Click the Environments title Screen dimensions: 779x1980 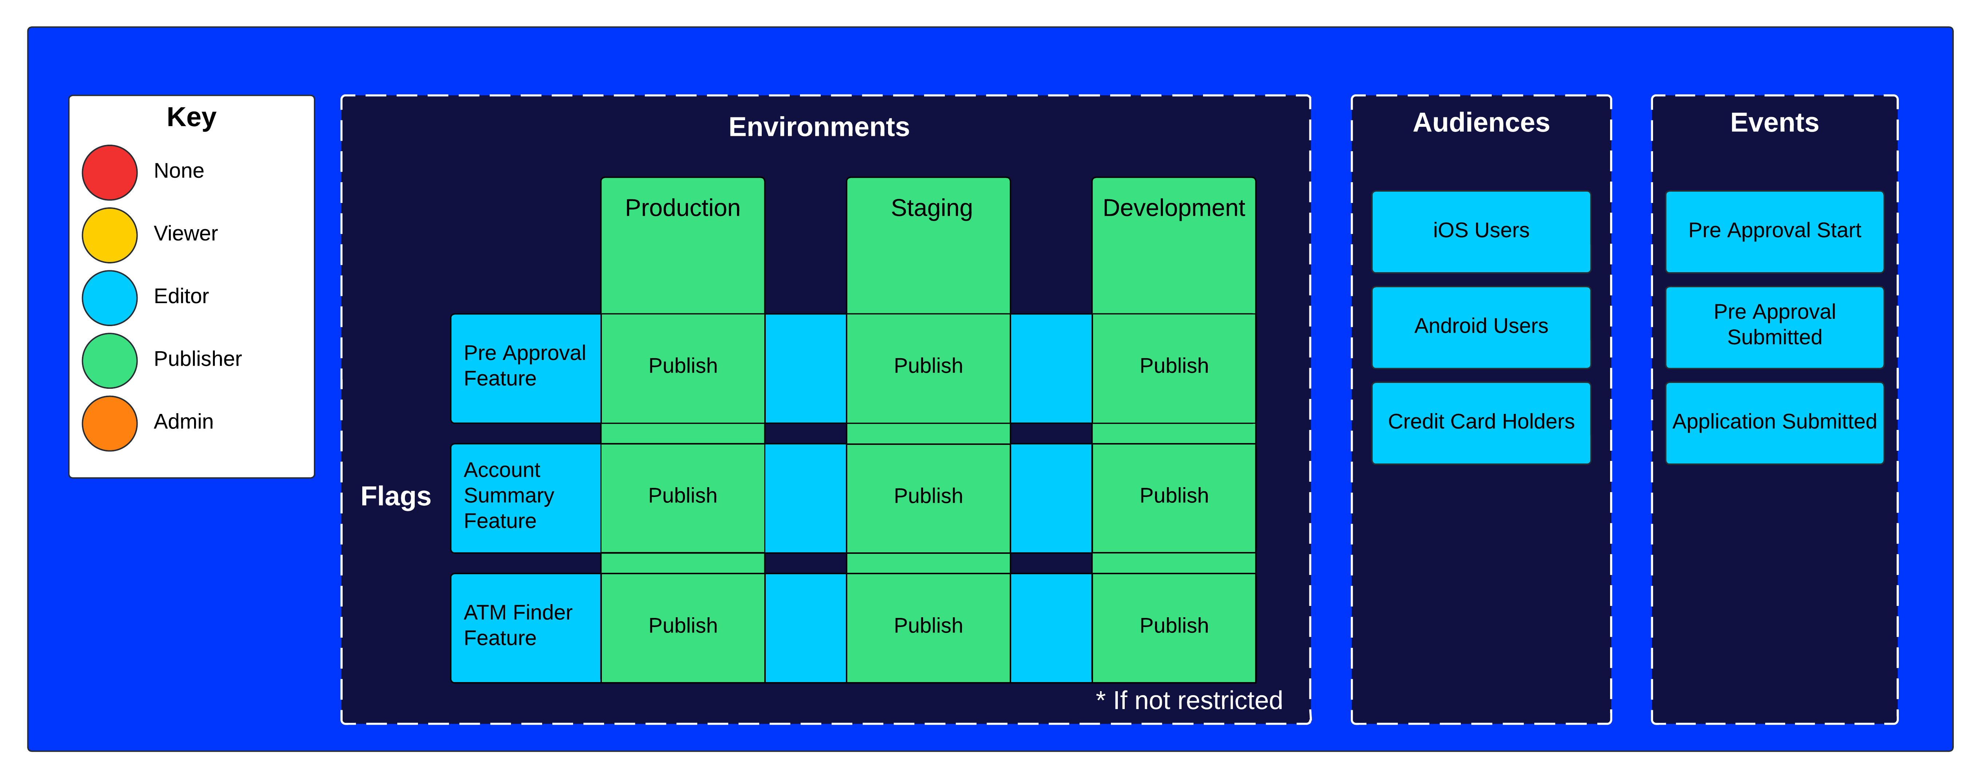[x=819, y=127]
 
